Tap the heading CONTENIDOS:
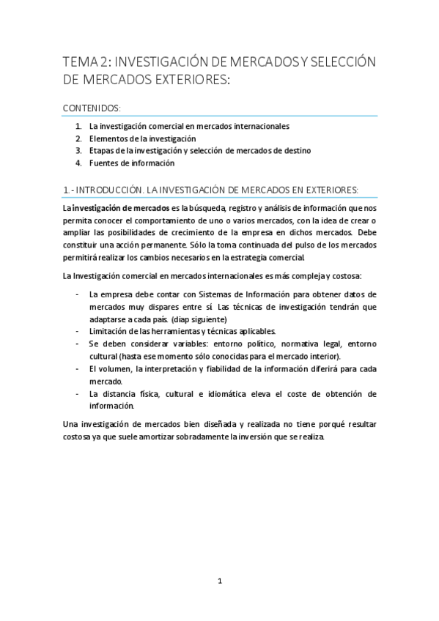pos(92,108)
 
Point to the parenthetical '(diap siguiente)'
pos(199,319)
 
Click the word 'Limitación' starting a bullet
pos(108,332)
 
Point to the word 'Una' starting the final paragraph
pos(71,425)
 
